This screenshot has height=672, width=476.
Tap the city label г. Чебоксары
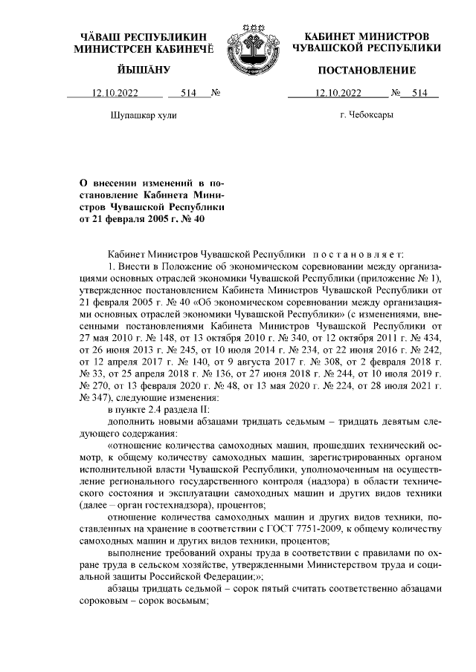pos(366,115)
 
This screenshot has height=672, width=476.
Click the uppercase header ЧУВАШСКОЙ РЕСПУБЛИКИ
pos(367,48)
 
